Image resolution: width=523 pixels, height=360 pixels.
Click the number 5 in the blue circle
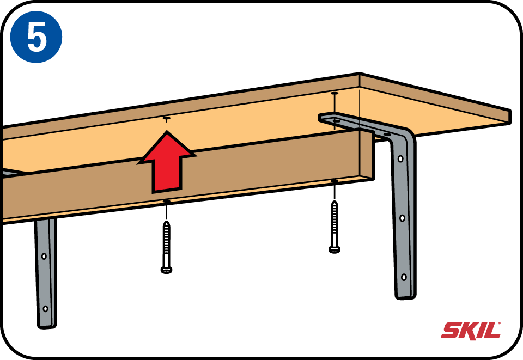(x=37, y=38)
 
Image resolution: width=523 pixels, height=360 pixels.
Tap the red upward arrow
(x=167, y=162)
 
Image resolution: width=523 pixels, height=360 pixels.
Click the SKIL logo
(x=471, y=331)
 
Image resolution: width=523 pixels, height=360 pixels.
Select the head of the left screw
(x=166, y=270)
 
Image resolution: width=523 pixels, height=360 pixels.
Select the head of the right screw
(x=334, y=249)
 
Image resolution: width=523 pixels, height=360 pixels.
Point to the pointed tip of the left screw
(x=167, y=222)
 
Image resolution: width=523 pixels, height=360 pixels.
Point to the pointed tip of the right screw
(x=334, y=201)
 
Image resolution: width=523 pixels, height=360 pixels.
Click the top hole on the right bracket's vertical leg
(x=400, y=159)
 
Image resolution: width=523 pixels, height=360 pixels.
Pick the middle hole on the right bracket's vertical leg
(x=402, y=218)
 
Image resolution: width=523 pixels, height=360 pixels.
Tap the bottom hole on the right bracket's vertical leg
(x=404, y=277)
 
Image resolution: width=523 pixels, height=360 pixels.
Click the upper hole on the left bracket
(x=44, y=257)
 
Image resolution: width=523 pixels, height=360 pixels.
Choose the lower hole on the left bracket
(x=45, y=309)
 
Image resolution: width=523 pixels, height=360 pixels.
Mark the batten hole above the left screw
(x=167, y=202)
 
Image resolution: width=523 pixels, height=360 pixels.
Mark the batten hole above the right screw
(x=334, y=181)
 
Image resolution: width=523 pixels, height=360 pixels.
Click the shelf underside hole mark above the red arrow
(x=167, y=118)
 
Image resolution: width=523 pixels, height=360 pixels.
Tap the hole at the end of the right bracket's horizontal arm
(x=337, y=121)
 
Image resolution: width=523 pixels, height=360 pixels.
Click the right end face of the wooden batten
(x=367, y=155)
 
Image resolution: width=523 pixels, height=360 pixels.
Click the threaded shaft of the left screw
(x=167, y=245)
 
